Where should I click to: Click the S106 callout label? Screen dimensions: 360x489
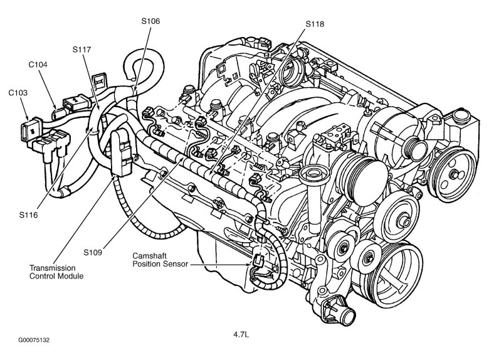click(x=150, y=21)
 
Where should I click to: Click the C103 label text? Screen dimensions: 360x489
click(x=18, y=92)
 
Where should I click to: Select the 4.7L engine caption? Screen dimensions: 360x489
click(x=242, y=334)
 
